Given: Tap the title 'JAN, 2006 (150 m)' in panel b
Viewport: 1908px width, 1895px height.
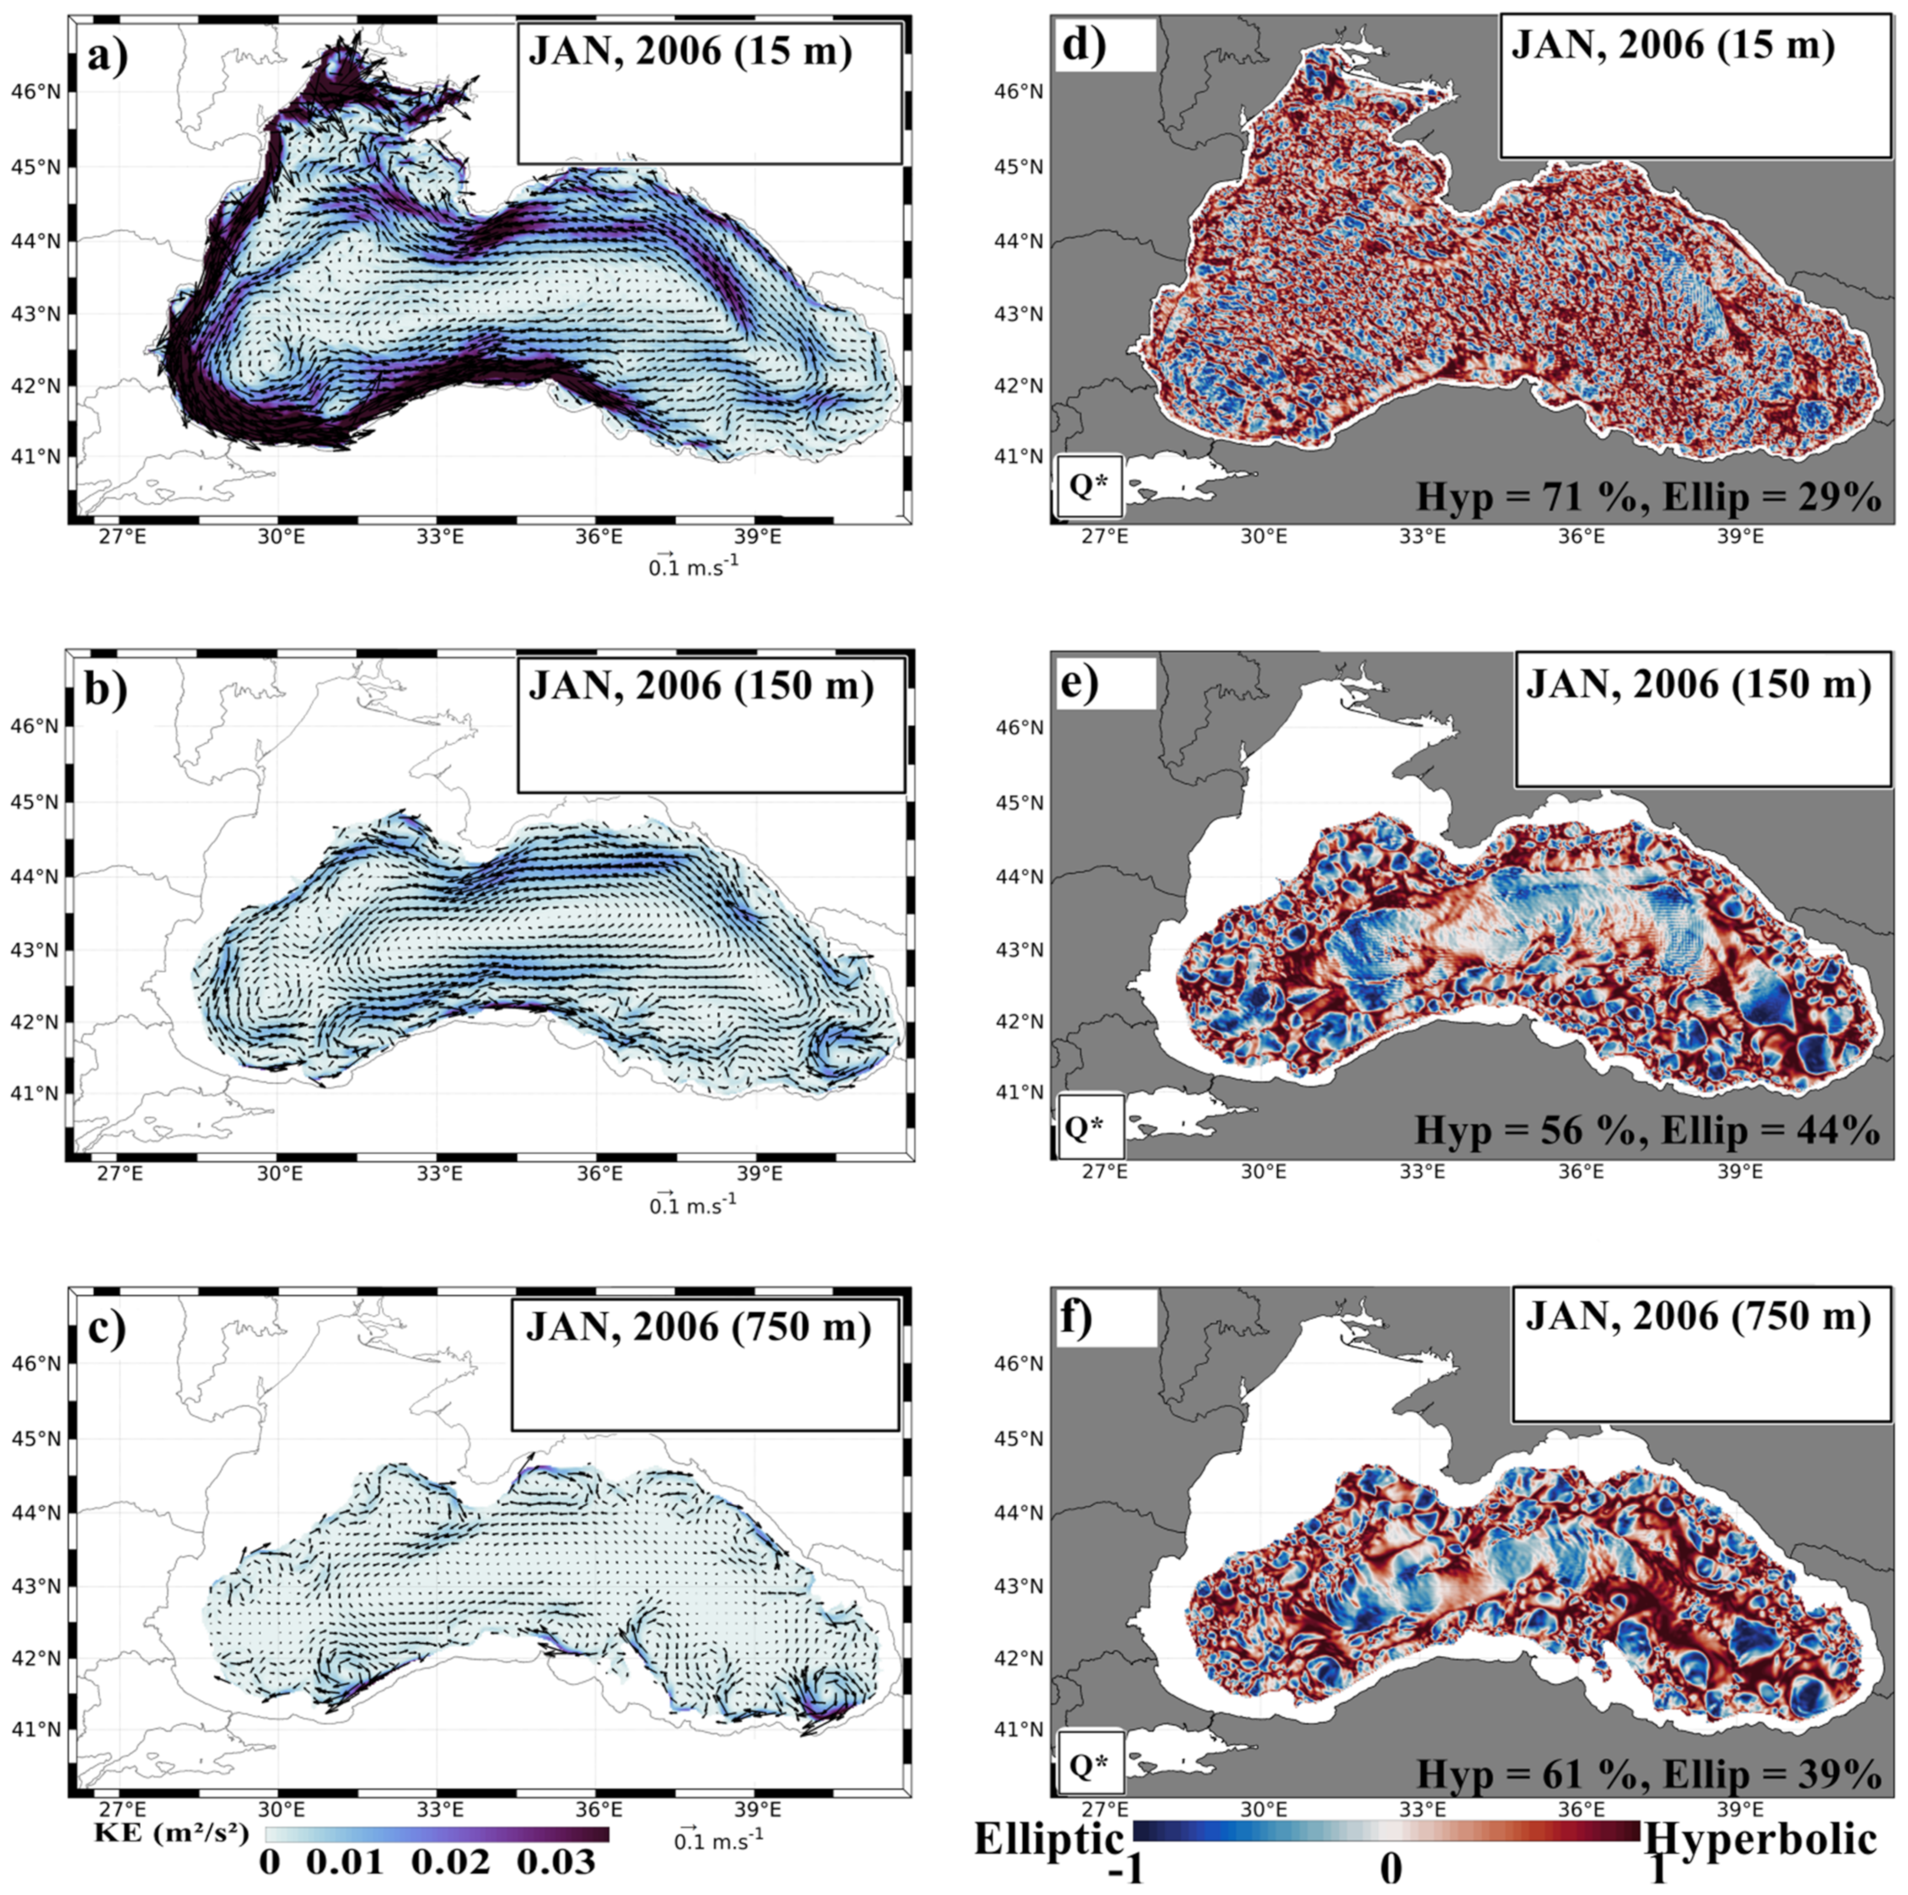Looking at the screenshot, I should [701, 685].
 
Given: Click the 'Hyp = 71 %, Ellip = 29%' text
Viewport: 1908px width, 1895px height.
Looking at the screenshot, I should [1647, 496].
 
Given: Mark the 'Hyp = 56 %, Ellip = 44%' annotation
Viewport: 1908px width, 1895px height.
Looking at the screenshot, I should [1646, 1130].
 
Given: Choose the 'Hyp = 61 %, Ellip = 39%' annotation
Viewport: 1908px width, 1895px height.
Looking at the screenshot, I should [1647, 1775].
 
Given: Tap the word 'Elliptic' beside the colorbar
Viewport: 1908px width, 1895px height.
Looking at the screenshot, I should [1049, 1839].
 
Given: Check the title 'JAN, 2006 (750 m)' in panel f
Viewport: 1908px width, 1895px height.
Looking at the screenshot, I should [1697, 1317].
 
